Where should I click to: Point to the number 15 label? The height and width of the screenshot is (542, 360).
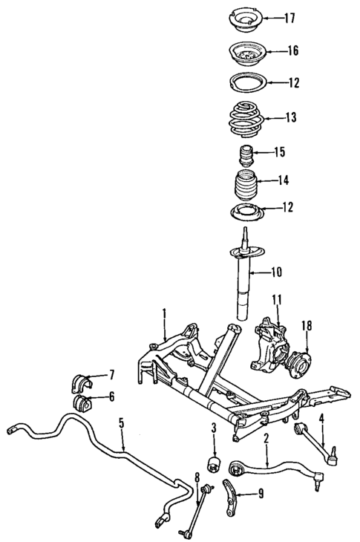(x=280, y=153)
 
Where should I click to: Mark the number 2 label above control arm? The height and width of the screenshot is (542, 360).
(x=266, y=440)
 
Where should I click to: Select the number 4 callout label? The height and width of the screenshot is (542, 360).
(x=322, y=419)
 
